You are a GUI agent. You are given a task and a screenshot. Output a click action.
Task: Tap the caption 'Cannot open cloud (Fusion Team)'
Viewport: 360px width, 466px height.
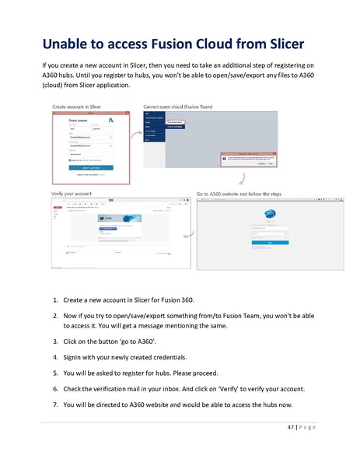181,105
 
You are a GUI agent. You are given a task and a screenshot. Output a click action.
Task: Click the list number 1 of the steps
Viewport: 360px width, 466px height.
55,300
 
